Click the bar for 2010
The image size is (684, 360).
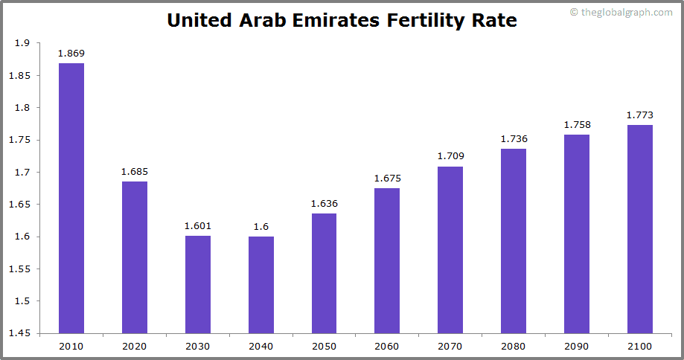point(71,198)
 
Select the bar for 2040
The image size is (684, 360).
point(261,285)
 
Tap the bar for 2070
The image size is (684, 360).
point(450,250)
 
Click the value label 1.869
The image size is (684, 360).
point(71,54)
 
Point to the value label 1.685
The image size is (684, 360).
point(135,172)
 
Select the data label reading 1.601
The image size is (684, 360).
point(198,226)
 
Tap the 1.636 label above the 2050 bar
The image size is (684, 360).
point(324,204)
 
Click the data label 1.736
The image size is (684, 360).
point(514,139)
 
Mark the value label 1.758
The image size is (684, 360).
point(577,125)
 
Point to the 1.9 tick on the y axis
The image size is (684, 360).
point(22,43)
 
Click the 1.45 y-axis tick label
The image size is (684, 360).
point(19,333)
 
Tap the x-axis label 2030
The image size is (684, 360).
point(198,347)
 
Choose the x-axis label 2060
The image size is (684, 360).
point(387,347)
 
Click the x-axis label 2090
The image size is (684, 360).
point(577,347)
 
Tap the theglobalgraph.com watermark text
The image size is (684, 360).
point(624,12)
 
